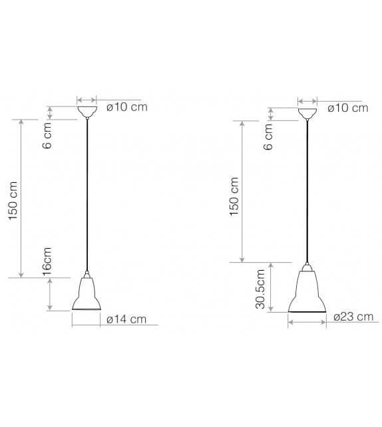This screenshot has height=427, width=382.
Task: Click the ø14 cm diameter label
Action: point(126,319)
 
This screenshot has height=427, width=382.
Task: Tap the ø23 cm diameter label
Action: point(353,317)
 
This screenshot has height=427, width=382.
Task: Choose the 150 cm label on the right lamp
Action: point(234,198)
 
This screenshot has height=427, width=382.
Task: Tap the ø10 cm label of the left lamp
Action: point(126,107)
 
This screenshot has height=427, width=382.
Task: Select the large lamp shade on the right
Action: point(307,293)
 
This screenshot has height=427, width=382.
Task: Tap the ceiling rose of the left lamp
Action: point(87,110)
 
